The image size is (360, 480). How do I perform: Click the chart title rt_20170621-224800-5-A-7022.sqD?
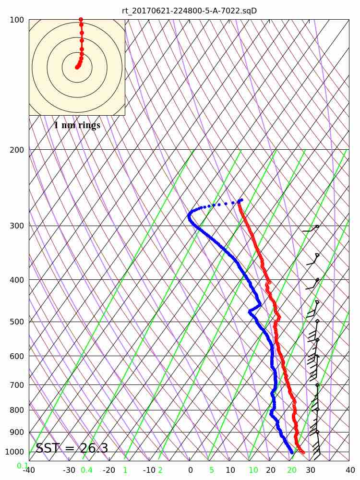(189, 11)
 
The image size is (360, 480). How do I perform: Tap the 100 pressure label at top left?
(16, 20)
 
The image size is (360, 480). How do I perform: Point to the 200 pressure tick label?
(16, 150)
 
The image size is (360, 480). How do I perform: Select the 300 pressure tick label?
(16, 226)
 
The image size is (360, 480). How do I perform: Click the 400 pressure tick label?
(16, 279)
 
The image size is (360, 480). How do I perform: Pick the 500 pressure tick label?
(16, 322)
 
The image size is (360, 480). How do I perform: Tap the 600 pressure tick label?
(16, 356)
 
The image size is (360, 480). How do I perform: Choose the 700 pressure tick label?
(16, 384)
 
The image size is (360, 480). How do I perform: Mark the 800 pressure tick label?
(16, 410)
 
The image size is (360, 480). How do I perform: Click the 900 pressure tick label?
(16, 432)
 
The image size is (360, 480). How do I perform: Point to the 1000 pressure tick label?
(14, 452)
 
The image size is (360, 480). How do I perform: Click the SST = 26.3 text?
(72, 448)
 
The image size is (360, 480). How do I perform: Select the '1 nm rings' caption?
(77, 125)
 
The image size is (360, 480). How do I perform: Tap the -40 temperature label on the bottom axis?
(29, 470)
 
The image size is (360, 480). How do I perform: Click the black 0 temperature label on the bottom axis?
(191, 470)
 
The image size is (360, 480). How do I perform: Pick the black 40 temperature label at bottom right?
(350, 470)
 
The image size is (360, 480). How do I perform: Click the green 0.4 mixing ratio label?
(86, 470)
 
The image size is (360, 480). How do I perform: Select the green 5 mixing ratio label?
(211, 470)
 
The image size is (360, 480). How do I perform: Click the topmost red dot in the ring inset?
(81, 20)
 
